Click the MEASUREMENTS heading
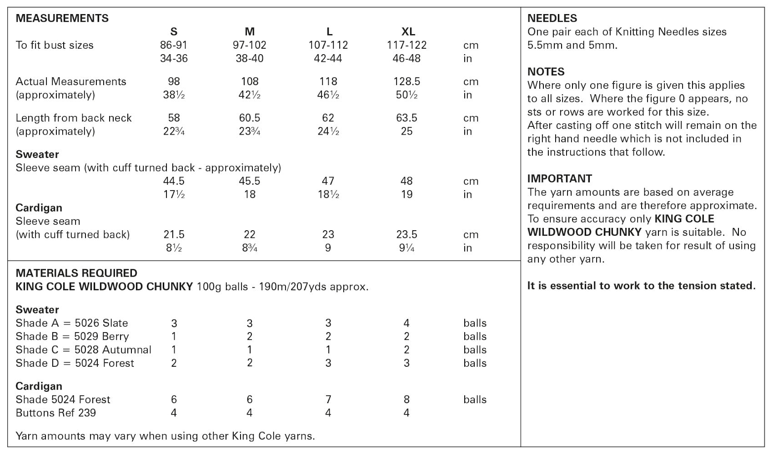pos(62,18)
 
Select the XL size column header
pos(408,31)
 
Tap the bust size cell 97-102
pos(250,45)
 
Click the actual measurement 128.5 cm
pos(407,81)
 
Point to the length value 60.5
pos(250,118)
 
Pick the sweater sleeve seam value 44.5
pos(174,181)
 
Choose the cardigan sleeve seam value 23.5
pos(407,234)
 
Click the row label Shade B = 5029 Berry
pos(72,336)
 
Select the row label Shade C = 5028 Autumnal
pos(83,350)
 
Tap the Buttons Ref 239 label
pos(55,413)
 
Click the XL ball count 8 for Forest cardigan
pos(407,399)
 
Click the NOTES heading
pos(546,72)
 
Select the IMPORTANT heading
pos(559,178)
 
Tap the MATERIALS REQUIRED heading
pos(76,273)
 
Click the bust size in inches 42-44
pos(328,58)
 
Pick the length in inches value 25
pos(407,131)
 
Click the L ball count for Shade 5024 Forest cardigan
pos(328,399)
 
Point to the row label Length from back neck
pos(74,118)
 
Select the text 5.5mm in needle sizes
pos(543,45)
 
